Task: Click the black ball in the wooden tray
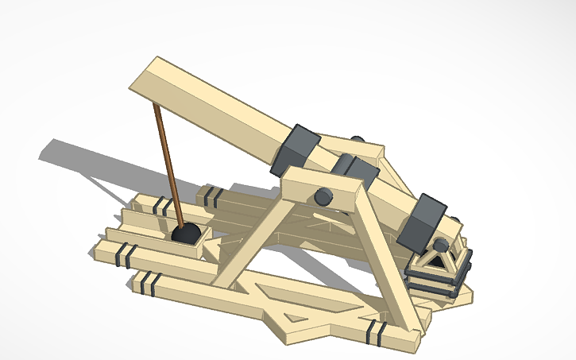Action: pos(187,234)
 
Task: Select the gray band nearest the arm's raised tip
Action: pos(294,149)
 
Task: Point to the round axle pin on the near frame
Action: pos(323,196)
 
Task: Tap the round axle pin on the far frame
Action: pos(358,141)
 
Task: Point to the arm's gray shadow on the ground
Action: pos(87,159)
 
